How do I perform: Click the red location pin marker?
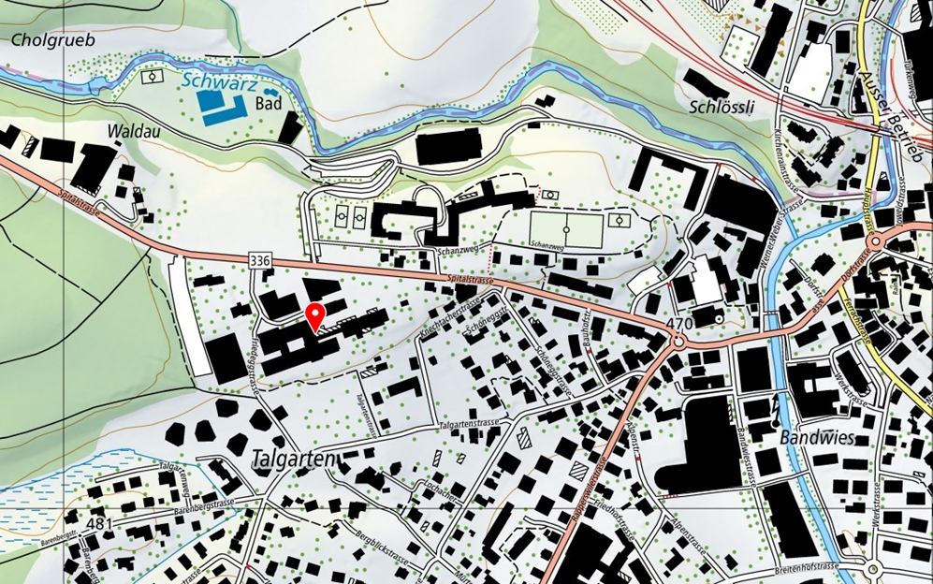315,316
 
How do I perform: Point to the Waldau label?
135,131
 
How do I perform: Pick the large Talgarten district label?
294,460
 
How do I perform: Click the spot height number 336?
260,257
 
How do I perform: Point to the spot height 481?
97,523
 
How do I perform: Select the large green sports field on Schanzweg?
567,228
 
